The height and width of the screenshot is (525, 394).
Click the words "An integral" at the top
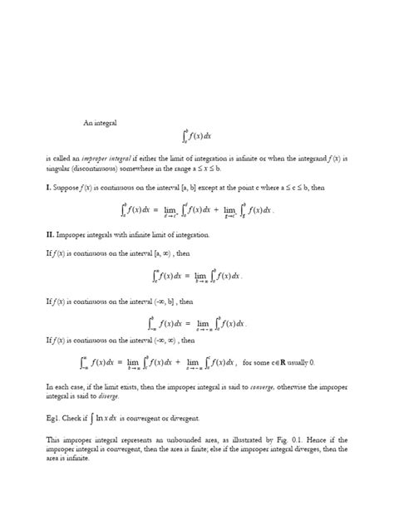[100, 123]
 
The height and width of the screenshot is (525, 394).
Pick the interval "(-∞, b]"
[181, 304]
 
